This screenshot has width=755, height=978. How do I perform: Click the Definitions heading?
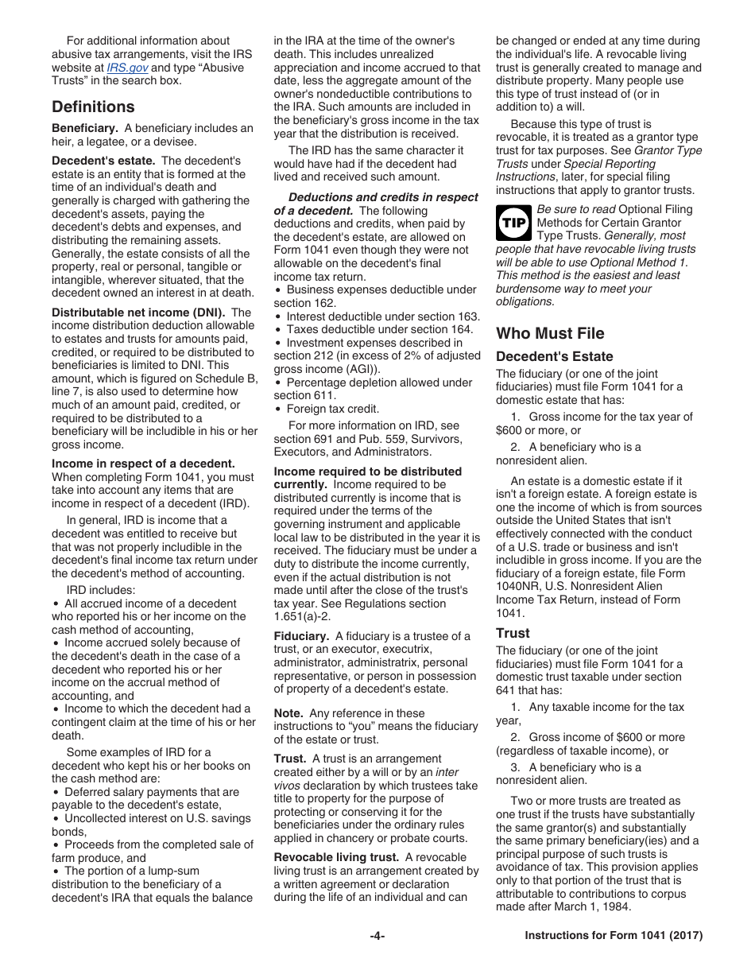[x=93, y=107]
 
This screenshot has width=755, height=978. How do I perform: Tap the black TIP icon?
[x=513, y=223]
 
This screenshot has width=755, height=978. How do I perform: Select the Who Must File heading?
[x=550, y=333]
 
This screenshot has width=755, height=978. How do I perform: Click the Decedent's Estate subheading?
[x=555, y=356]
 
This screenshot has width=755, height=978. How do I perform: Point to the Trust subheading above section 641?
[x=513, y=633]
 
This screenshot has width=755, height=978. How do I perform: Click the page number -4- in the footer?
[x=377, y=936]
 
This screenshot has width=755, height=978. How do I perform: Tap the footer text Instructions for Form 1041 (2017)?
[x=614, y=936]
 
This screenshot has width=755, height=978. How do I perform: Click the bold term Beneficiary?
[x=85, y=128]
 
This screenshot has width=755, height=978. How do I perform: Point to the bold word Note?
[x=288, y=713]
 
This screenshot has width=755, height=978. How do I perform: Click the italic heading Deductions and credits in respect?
[x=383, y=197]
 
